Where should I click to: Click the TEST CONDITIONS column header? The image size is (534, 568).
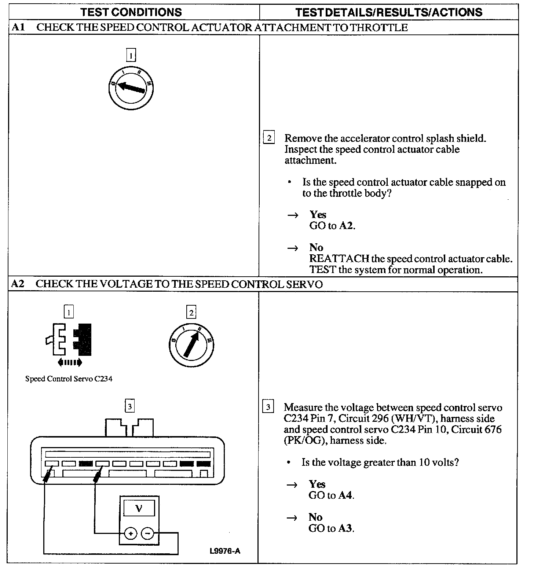pos(131,12)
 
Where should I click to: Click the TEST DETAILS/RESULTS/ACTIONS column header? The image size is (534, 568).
pos(389,12)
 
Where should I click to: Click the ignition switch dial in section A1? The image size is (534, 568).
pos(131,88)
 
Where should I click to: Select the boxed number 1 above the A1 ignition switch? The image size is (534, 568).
pos(131,55)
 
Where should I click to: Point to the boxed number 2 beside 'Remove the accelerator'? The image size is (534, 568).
pos(269,138)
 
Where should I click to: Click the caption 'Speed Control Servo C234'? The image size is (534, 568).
pos(69,379)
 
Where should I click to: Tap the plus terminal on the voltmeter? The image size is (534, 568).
pos(130,534)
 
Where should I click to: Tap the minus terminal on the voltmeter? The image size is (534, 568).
pos(147,534)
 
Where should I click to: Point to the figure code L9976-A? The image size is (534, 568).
pos(225,551)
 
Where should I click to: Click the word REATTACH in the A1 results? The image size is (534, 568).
pos(339,259)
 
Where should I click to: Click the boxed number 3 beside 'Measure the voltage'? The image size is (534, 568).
pos(268,407)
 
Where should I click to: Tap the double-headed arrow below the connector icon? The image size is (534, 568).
pos(70,363)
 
